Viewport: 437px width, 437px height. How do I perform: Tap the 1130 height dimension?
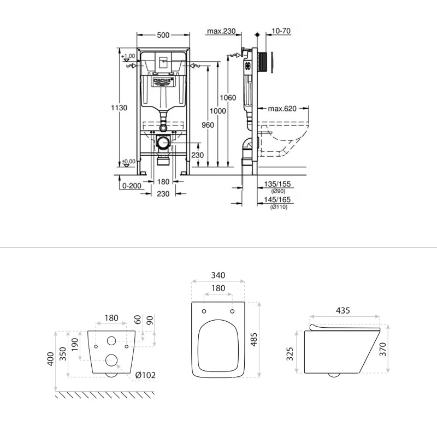click(x=119, y=108)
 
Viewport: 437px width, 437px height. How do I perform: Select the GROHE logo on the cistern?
click(x=162, y=81)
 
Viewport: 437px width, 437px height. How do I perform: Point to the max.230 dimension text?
click(x=221, y=32)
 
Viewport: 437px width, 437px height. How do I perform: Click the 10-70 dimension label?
click(x=280, y=32)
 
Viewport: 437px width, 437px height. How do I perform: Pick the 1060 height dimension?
click(x=228, y=98)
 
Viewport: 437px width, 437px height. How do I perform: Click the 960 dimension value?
click(x=208, y=125)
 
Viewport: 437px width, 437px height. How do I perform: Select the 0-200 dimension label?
click(x=132, y=186)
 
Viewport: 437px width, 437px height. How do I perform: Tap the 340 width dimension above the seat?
click(x=218, y=275)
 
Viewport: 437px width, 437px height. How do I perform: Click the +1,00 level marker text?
click(x=128, y=56)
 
